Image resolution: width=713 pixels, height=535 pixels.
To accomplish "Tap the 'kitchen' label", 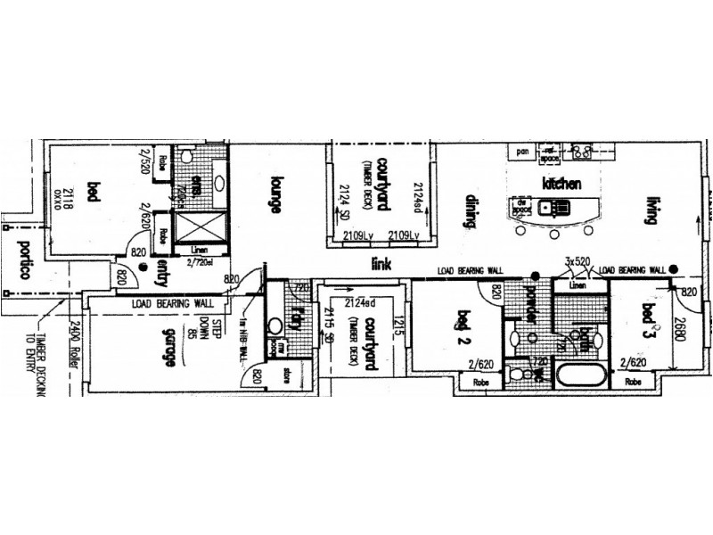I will (561, 184).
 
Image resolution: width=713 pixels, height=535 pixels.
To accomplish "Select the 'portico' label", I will (18, 259).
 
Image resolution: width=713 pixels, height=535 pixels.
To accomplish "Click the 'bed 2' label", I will (463, 327).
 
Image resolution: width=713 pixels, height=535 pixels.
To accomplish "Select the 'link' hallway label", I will (384, 264).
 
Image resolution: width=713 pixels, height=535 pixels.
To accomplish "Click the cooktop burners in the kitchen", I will (583, 152).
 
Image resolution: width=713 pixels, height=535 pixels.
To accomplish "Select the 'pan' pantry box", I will (523, 153).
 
